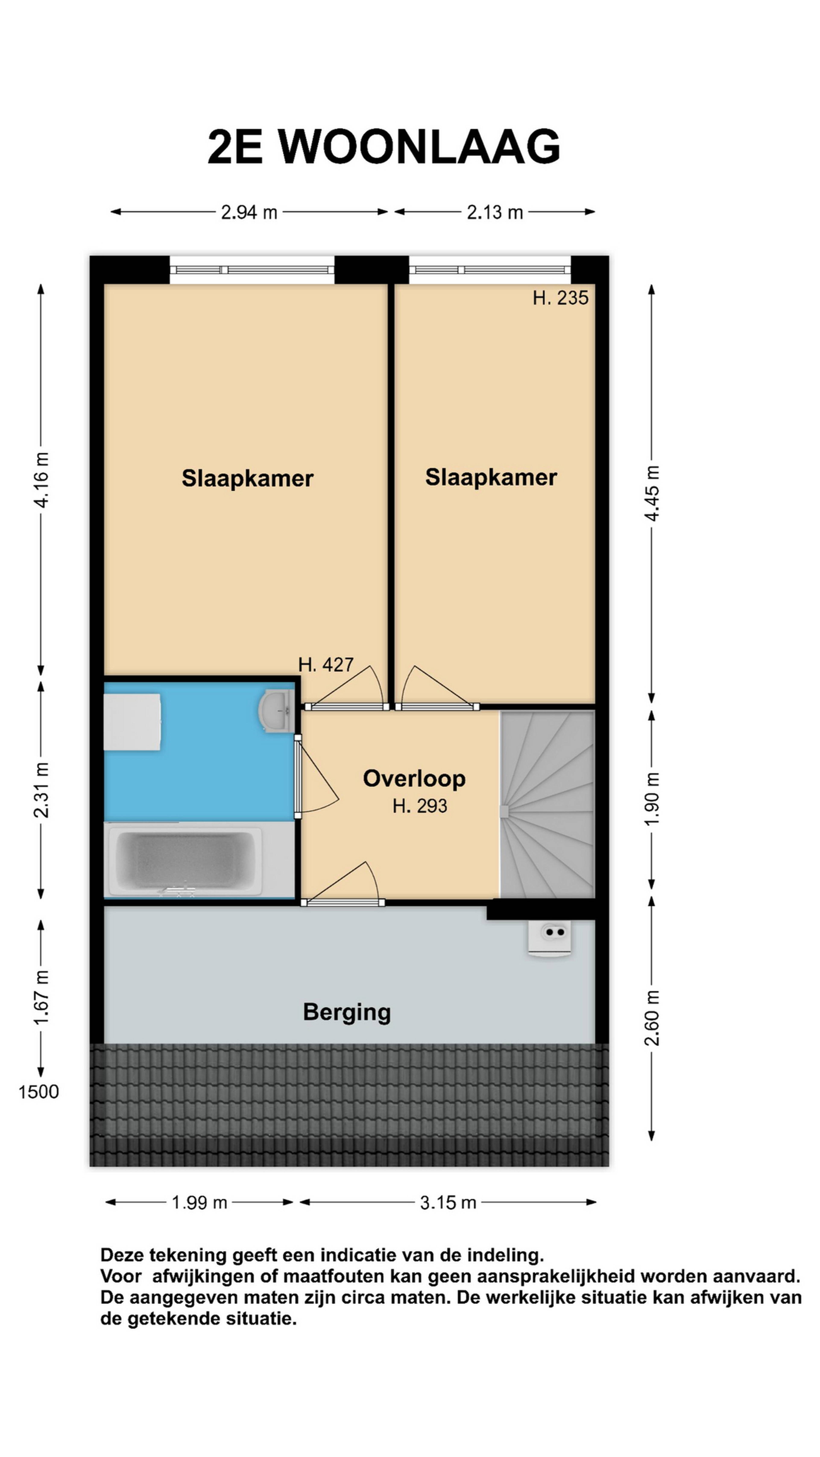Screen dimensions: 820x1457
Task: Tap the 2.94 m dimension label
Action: (249, 212)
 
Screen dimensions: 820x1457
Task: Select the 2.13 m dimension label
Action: (495, 212)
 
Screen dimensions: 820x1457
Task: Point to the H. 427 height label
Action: (326, 665)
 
